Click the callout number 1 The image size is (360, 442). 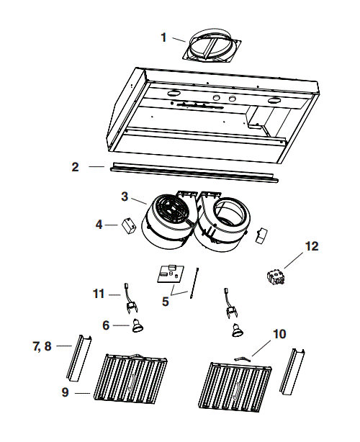pyautogui.click(x=163, y=36)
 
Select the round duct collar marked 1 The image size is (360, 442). pyautogui.click(x=212, y=48)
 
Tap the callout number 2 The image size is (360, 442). pyautogui.click(x=75, y=167)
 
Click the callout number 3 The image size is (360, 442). pyautogui.click(x=125, y=196)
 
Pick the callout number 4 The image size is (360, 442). pyautogui.click(x=99, y=225)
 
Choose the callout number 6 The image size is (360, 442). pyautogui.click(x=106, y=325)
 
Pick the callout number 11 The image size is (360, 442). pyautogui.click(x=99, y=294)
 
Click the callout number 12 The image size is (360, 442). pyautogui.click(x=310, y=246)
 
